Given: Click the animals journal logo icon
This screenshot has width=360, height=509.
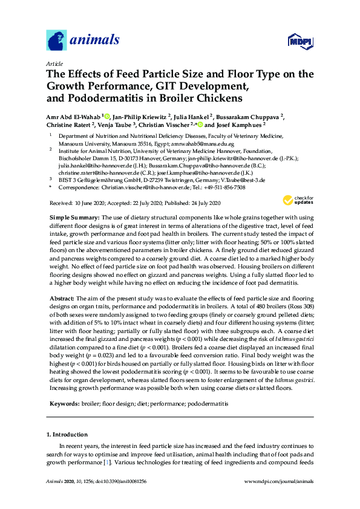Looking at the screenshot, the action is point(56,42).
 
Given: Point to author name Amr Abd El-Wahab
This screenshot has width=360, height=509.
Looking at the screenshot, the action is point(71,116).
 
